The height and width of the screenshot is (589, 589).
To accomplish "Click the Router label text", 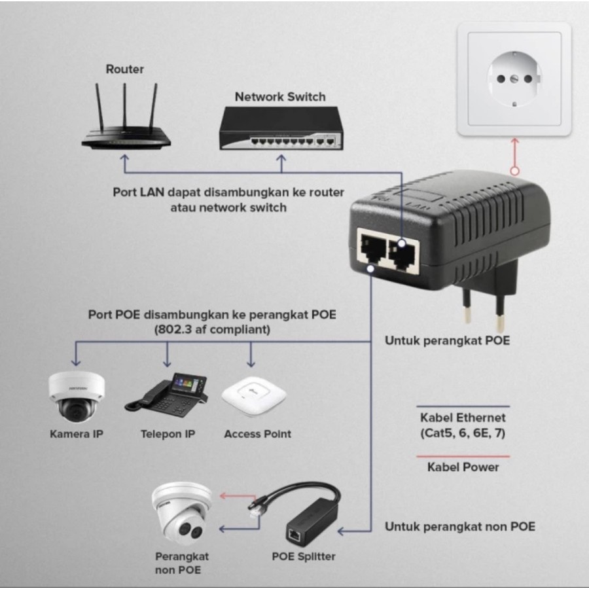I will pos(124,69).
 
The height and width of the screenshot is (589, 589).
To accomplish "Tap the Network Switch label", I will pos(280,97).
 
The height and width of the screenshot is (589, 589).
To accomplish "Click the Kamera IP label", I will pos(77,434).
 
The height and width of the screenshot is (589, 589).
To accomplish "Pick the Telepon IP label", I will pos(168,434).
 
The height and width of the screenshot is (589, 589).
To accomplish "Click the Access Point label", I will pos(257,434).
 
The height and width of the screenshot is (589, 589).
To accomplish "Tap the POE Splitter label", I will pos(304,557).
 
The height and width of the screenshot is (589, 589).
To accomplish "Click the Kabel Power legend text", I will pos(463,467).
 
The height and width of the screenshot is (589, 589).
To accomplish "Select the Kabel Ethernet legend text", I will pos(463,417).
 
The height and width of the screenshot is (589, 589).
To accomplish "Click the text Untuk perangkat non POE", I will pos(459,526).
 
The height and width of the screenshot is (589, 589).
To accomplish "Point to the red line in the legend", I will pos(463,456).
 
